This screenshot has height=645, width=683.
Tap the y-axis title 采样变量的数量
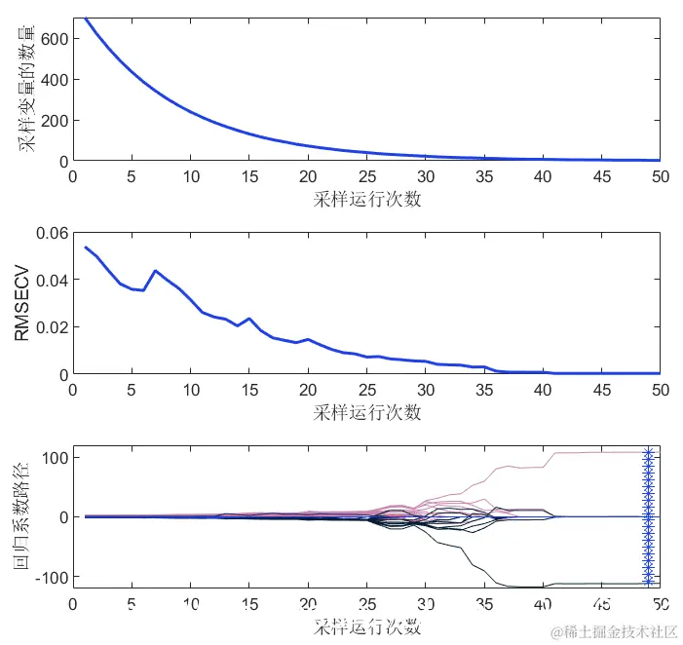tap(25, 90)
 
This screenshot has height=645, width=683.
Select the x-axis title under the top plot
tap(367, 200)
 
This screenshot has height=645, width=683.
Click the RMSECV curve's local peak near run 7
tap(155, 271)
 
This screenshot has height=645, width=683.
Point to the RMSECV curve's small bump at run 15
tap(249, 319)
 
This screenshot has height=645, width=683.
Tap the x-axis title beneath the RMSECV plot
tap(367, 412)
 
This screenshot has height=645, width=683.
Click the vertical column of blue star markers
tap(647, 516)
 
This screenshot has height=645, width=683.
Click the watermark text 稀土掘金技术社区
tap(614, 631)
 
